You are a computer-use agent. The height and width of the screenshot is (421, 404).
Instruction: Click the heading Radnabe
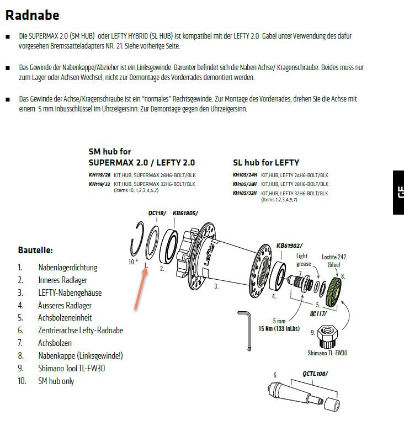[x=32, y=15]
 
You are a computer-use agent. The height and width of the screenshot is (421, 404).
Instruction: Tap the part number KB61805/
[x=185, y=212]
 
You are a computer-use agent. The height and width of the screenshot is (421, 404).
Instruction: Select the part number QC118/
[x=157, y=212]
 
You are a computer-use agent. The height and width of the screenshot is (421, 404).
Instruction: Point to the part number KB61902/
[x=289, y=245]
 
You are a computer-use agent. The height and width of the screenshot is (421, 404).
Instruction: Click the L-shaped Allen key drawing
[x=247, y=329]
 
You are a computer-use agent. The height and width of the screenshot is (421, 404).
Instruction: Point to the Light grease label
[x=302, y=259]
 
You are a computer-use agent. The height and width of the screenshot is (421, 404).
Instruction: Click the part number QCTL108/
[x=315, y=374]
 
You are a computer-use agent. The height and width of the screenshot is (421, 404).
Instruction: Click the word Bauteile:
[x=36, y=250]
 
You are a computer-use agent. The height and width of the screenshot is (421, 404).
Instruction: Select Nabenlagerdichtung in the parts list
[x=67, y=267]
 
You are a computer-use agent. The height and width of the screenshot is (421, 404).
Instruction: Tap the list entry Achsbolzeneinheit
[x=65, y=318]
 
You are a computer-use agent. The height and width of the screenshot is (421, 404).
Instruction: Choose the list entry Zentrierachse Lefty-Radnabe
[x=81, y=331]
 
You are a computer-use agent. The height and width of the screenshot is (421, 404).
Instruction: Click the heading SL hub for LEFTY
[x=266, y=162]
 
